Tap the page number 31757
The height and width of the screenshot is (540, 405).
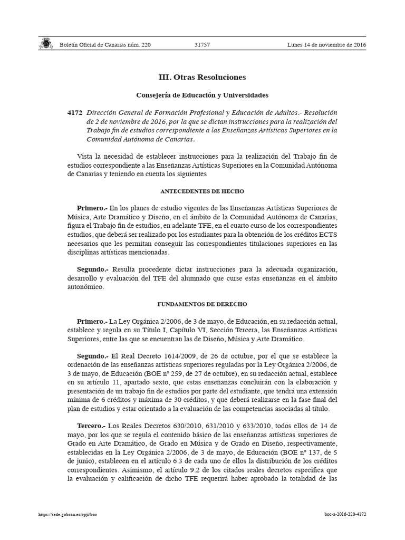click(x=202, y=45)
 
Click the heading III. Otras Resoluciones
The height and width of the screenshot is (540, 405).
click(x=202, y=77)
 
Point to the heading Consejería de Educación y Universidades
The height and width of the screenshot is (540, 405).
click(x=202, y=95)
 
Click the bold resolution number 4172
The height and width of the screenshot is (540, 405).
click(x=75, y=113)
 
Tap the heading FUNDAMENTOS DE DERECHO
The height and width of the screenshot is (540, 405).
click(x=202, y=304)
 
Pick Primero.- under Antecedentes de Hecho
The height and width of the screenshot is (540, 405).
click(x=92, y=207)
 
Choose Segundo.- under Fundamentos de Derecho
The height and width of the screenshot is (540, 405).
click(x=93, y=356)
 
